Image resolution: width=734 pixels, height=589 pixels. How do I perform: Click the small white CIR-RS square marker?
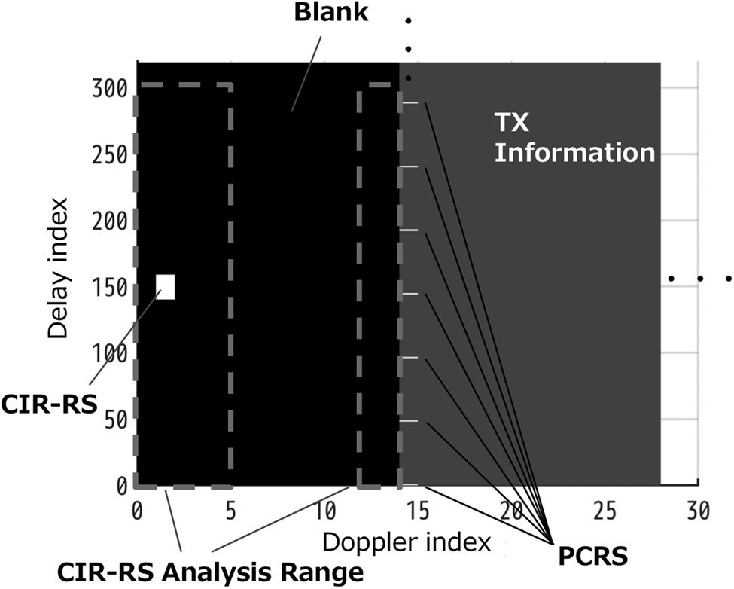pyautogui.click(x=166, y=287)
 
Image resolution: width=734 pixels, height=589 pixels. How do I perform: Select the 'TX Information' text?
pyautogui.click(x=573, y=137)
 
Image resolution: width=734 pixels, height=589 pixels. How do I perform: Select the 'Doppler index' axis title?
pyautogui.click(x=407, y=541)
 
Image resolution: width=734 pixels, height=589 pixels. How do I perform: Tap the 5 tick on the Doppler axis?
pyautogui.click(x=230, y=511)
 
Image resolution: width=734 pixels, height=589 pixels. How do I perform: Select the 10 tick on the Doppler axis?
pyautogui.click(x=324, y=511)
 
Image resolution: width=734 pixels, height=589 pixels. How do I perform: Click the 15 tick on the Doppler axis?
pyautogui.click(x=418, y=511)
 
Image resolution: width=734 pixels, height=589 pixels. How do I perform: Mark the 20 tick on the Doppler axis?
pyautogui.click(x=512, y=511)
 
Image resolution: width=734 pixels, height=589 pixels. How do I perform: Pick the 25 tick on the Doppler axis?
pyautogui.click(x=605, y=511)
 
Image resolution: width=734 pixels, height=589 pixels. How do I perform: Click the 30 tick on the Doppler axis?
pyautogui.click(x=699, y=511)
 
